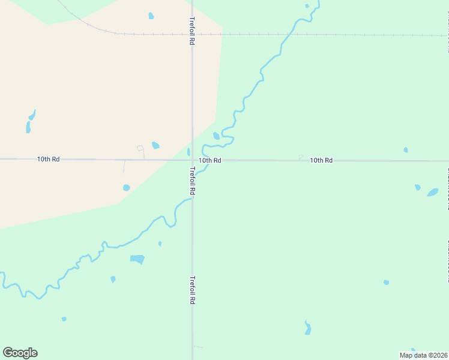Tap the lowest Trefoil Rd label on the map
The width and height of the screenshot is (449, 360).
[192, 290]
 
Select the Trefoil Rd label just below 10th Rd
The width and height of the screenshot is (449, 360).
[192, 180]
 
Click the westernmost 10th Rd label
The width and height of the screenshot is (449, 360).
[48, 159]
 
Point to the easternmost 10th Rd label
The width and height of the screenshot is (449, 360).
[321, 160]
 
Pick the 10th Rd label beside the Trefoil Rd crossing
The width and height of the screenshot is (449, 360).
[210, 160]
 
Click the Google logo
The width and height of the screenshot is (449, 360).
[20, 353]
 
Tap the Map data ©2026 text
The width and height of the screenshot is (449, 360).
[423, 355]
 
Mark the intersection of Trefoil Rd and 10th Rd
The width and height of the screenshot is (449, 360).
[192, 160]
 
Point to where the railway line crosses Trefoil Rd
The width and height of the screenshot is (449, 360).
[192, 34]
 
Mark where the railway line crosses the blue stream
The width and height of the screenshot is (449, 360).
[283, 34]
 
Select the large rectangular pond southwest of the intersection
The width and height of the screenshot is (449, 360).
[137, 259]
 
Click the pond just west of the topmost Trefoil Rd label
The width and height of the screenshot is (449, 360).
[151, 16]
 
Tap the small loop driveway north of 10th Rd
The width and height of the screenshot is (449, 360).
[140, 148]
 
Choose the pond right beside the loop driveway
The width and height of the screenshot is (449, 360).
[155, 145]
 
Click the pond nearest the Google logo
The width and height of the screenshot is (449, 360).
[64, 319]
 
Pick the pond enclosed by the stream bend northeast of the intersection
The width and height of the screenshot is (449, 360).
[216, 136]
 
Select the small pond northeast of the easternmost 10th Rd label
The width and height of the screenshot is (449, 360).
[406, 149]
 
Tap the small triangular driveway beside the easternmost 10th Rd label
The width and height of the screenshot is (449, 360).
[301, 157]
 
